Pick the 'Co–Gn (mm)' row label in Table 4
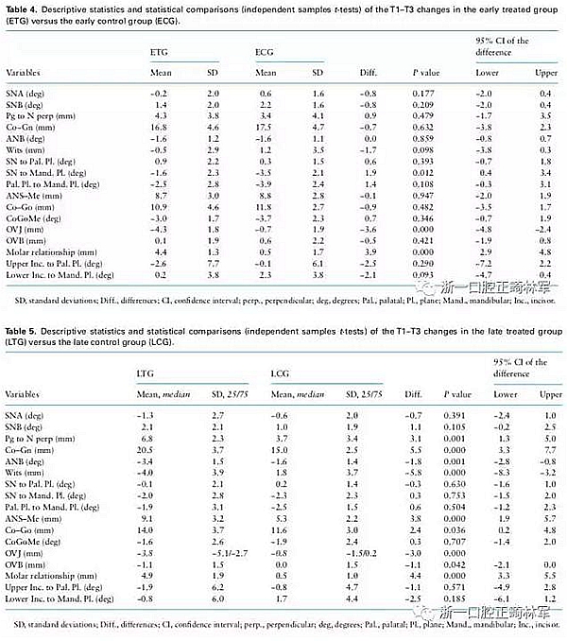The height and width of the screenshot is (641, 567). [31, 125]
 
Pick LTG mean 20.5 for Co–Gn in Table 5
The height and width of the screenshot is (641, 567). [144, 454]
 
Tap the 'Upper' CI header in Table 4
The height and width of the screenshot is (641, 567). [541, 73]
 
